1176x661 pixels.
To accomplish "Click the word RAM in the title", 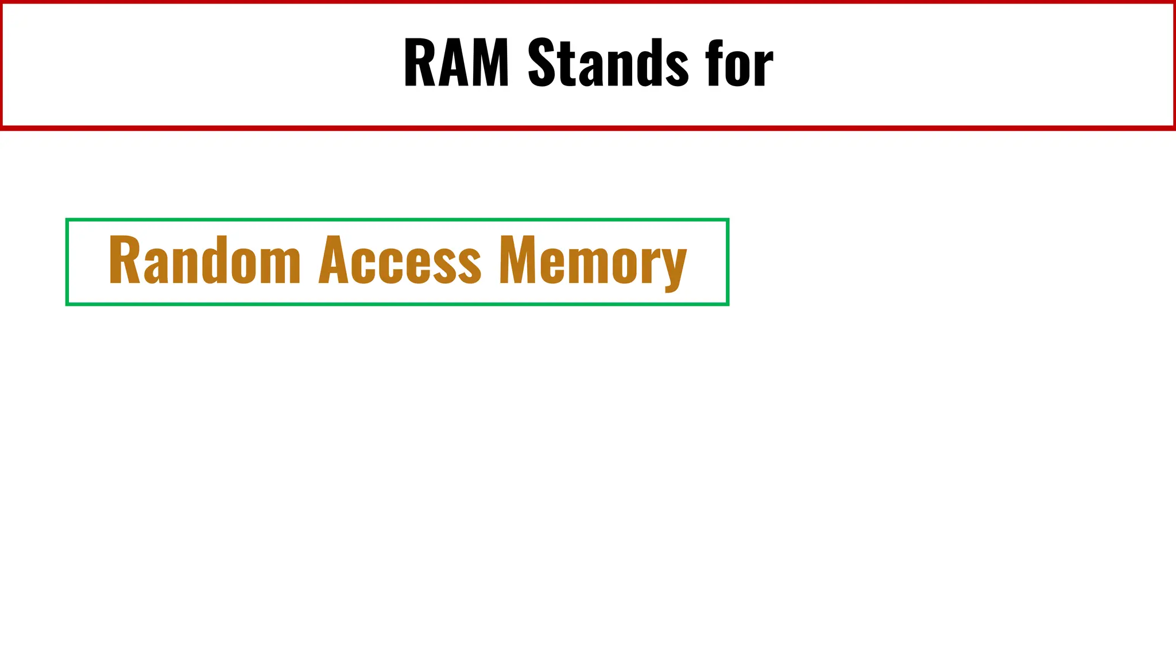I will pos(457,63).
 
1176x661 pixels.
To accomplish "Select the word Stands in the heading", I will pos(608,63).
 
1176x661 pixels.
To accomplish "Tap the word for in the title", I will pos(740,63).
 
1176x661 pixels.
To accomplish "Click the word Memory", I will pos(593,262).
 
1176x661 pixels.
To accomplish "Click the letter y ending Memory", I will pos(674,267).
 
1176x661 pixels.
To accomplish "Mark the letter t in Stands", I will pos(568,64).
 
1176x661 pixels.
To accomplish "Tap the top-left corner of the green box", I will pos(67,220).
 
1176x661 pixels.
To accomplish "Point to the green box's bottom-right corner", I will pos(728,304).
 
